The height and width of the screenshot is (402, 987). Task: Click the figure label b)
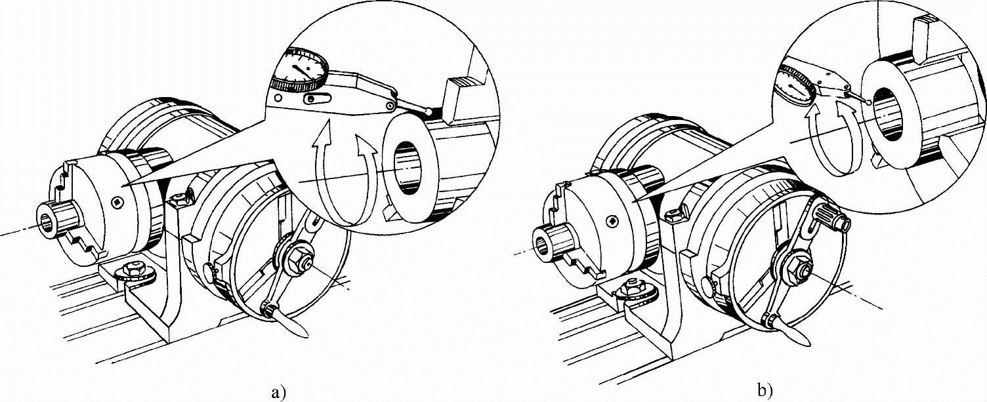(x=765, y=390)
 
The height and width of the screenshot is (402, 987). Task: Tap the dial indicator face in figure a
(x=304, y=68)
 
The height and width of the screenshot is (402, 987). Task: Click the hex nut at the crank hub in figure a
(x=301, y=260)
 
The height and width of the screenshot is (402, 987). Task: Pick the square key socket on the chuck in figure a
(x=116, y=203)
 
